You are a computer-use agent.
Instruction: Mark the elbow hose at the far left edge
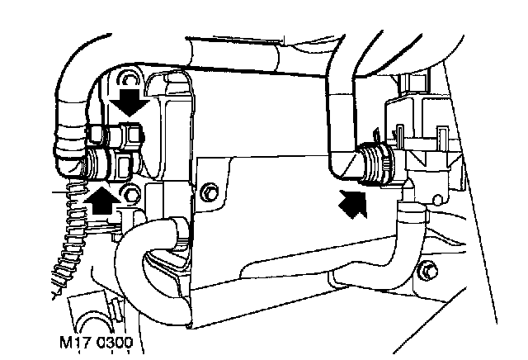[68, 124]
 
